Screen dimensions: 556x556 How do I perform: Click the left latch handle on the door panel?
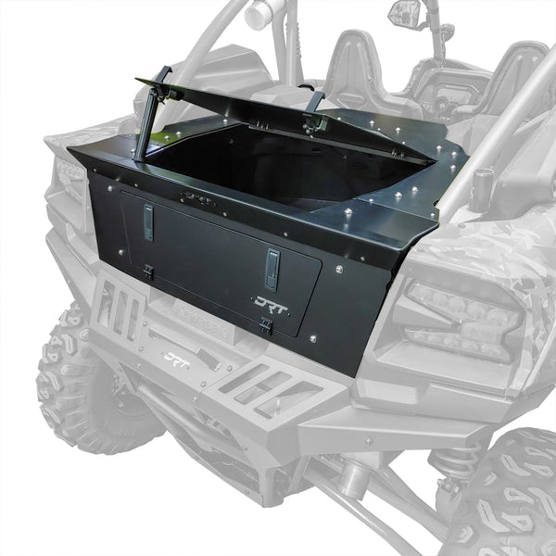pos(147,222)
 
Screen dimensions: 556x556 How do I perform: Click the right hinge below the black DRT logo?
pos(266,325)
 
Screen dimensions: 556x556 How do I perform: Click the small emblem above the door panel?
pos(196,196)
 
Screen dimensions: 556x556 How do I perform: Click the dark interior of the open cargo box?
pos(269,167)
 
